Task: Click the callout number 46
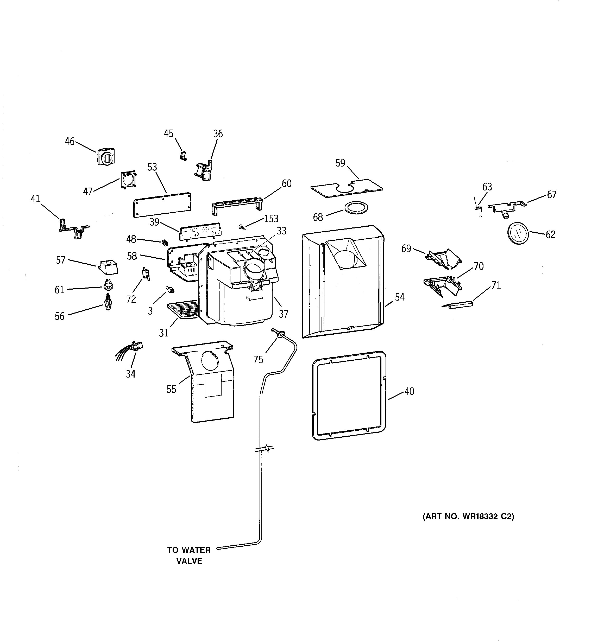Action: tap(70, 142)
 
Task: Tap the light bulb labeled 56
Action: tap(108, 302)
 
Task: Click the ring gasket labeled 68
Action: tap(356, 208)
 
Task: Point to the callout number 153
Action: tap(271, 219)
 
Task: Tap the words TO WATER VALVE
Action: tap(189, 556)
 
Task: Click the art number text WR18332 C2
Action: tap(468, 516)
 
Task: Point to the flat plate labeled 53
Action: tap(162, 205)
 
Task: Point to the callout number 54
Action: tap(399, 297)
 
